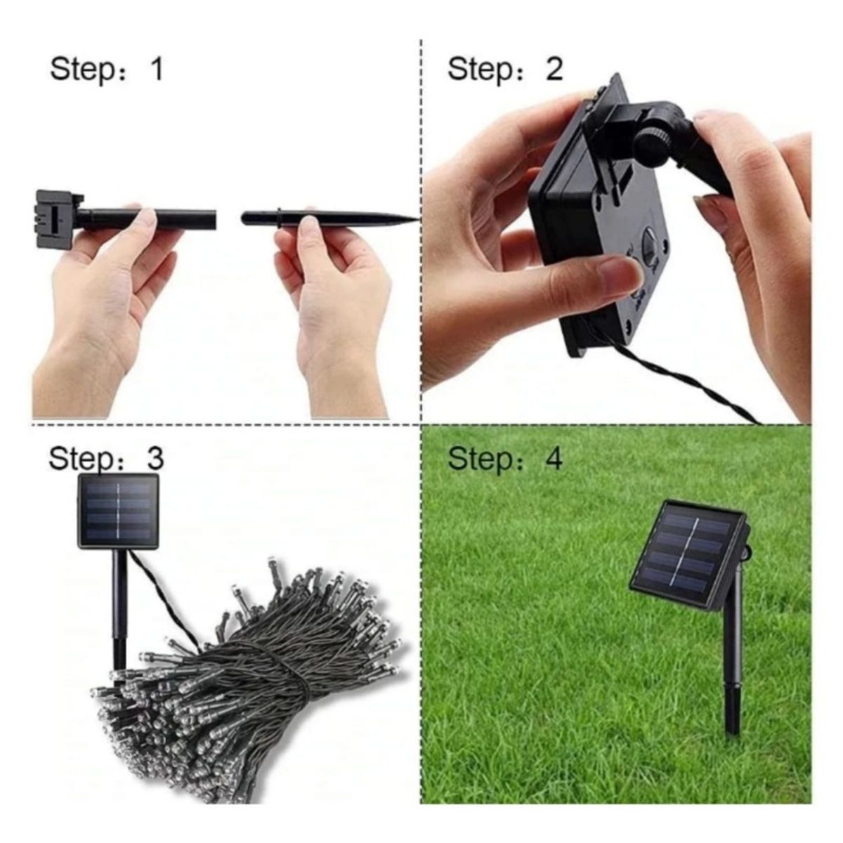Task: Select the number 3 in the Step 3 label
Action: (155, 458)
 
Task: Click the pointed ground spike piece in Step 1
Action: (330, 219)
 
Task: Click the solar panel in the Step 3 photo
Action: (117, 511)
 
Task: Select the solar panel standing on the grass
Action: (687, 554)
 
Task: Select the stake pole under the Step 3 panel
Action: (119, 604)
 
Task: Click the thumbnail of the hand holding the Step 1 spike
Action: (307, 226)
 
